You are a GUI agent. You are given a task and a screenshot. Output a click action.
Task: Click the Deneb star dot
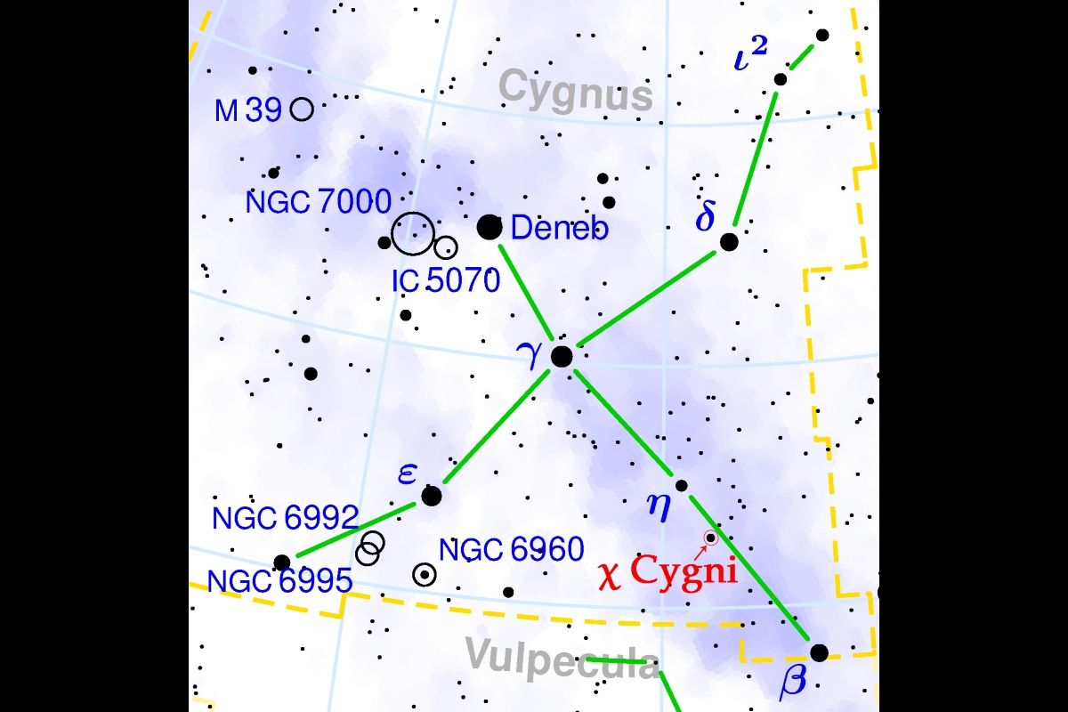click(489, 227)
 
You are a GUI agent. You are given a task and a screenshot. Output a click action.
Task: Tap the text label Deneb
click(560, 229)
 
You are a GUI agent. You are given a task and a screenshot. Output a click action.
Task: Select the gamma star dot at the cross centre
click(562, 356)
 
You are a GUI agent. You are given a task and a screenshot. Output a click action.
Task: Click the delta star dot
click(729, 241)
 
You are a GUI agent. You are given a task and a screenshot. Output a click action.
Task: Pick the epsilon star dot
click(431, 496)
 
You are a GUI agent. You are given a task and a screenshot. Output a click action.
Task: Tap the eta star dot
click(682, 485)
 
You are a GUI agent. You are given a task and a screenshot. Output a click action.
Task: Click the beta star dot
click(819, 652)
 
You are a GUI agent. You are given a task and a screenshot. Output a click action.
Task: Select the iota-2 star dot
click(781, 79)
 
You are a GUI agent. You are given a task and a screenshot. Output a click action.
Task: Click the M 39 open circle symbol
click(302, 109)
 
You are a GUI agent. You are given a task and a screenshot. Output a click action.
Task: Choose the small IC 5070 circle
click(446, 247)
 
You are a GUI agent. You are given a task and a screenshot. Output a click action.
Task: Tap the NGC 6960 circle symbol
click(425, 575)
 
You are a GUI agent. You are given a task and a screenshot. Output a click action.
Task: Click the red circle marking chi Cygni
click(710, 538)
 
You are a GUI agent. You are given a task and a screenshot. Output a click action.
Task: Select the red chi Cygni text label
click(670, 570)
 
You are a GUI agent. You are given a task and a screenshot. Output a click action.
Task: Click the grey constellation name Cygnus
click(575, 90)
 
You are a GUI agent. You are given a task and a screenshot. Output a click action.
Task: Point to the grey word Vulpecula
click(562, 659)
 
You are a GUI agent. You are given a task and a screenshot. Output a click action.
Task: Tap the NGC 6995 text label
click(279, 580)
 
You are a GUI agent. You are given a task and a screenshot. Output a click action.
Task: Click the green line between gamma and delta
click(647, 297)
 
